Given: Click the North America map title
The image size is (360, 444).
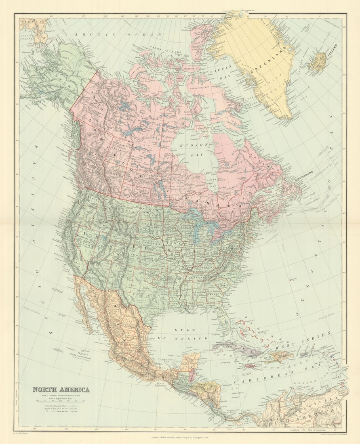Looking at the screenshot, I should pyautogui.click(x=61, y=390).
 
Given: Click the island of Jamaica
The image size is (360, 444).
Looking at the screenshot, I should pyautogui.click(x=251, y=366).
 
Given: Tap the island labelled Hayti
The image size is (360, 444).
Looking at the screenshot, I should pyautogui.click(x=278, y=356).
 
